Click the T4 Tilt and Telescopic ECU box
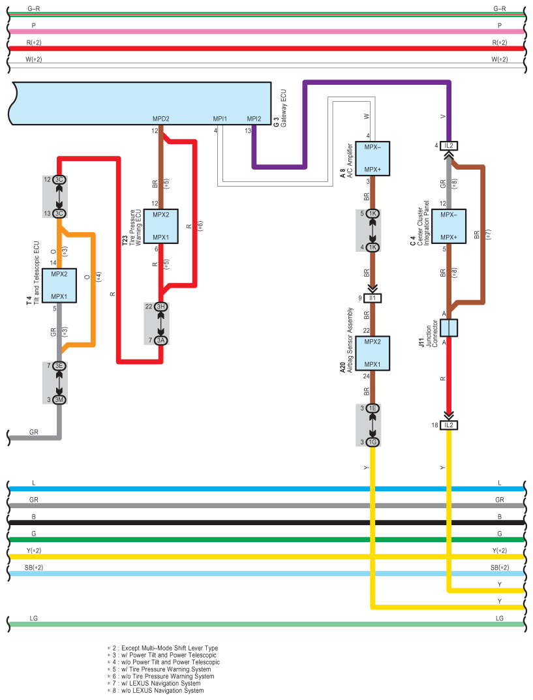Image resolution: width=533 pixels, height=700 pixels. (59, 286)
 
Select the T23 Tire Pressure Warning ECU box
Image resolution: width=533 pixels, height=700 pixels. (160, 226)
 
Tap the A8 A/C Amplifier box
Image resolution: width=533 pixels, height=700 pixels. (373, 159)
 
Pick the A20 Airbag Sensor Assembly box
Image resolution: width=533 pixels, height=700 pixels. (373, 353)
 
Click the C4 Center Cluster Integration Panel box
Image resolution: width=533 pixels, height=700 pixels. (449, 226)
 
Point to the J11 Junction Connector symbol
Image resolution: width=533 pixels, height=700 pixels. (449, 327)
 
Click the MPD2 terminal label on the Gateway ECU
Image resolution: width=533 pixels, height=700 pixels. (160, 119)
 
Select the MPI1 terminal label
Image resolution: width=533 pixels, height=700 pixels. (220, 119)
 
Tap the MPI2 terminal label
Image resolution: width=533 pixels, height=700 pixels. (254, 119)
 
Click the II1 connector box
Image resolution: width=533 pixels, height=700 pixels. (373, 298)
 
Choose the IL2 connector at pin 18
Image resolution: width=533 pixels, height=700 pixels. (449, 425)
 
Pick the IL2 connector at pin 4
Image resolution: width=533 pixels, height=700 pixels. (449, 145)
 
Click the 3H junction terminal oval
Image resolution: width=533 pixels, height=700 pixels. (160, 307)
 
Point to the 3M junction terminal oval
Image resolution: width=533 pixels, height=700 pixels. (59, 399)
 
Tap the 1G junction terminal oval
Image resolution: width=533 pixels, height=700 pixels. (373, 442)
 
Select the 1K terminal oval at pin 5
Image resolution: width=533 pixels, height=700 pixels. (373, 213)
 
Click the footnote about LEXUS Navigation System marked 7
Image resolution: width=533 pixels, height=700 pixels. (154, 683)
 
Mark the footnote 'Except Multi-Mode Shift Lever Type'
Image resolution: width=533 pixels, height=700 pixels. (162, 648)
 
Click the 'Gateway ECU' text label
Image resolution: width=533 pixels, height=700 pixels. (284, 108)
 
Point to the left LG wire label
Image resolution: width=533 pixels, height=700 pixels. (33, 618)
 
